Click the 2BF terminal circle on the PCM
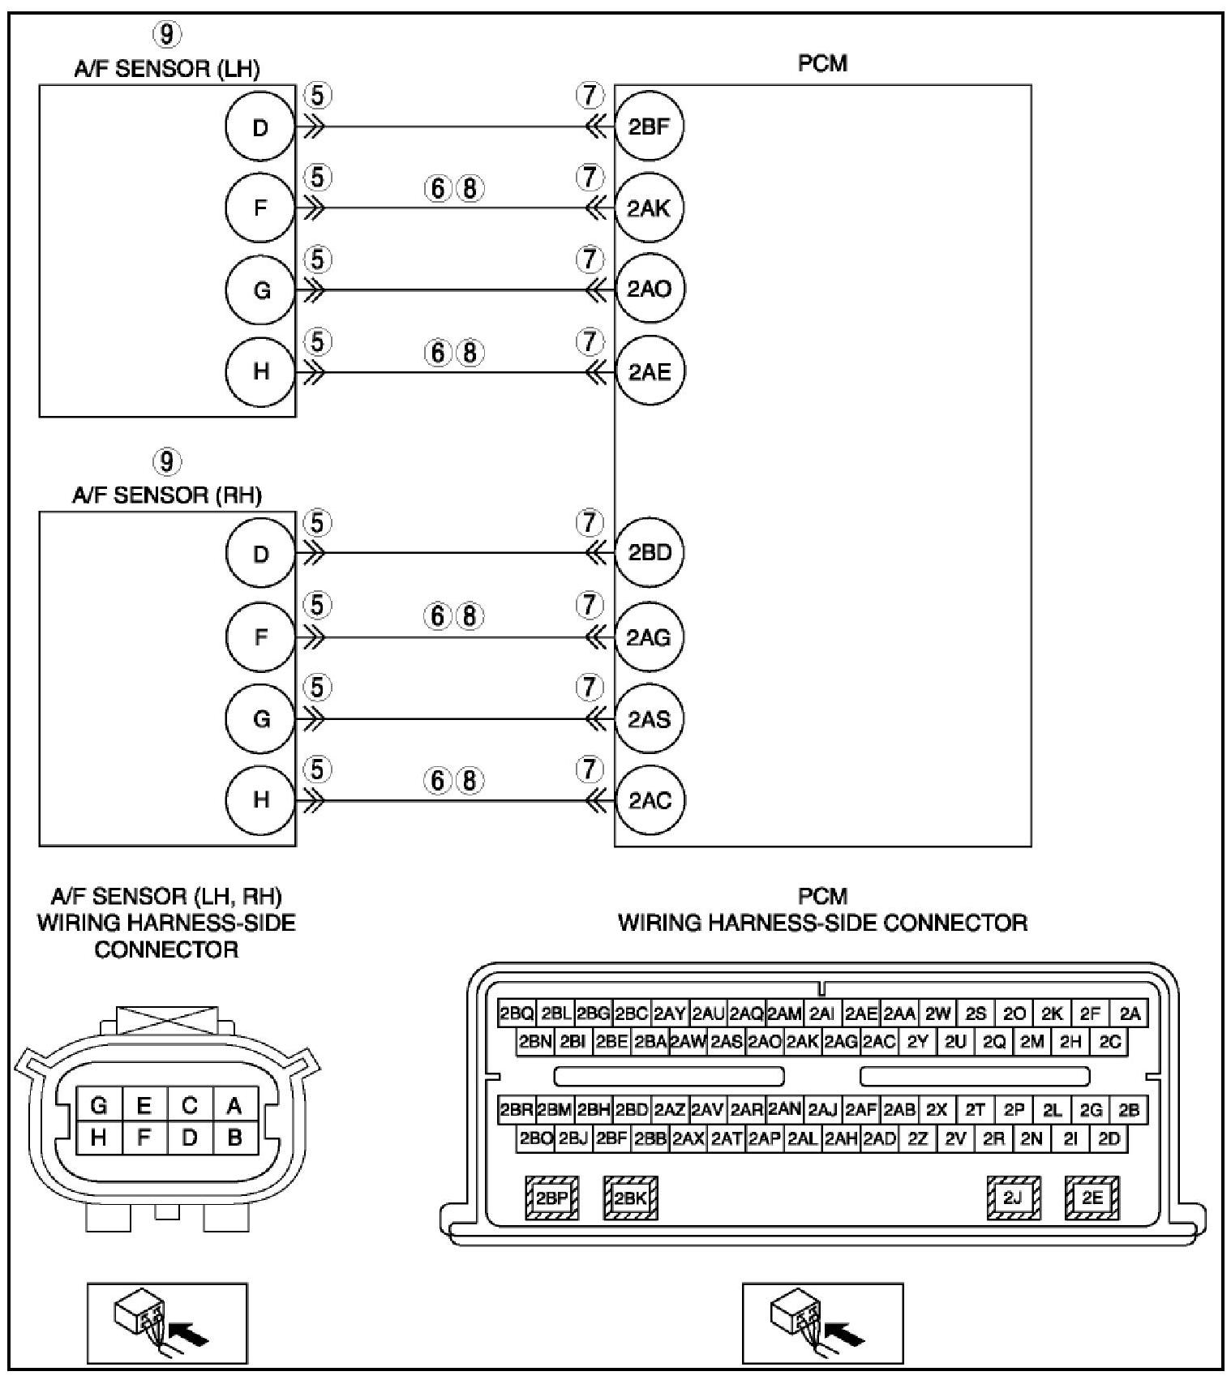point(649,126)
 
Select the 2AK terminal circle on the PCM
point(649,208)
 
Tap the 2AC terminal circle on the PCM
point(649,800)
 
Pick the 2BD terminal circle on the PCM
point(649,553)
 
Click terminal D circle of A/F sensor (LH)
point(260,127)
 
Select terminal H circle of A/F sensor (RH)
point(260,800)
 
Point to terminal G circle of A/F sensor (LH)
point(260,289)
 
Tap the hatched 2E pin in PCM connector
point(1092,1198)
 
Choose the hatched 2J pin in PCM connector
point(1014,1198)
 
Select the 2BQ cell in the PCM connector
point(517,1014)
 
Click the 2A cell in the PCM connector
point(1130,1014)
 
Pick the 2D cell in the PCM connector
point(1109,1139)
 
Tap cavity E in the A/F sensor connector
point(144,1105)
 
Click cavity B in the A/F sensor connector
point(235,1138)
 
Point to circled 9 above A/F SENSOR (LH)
point(166,34)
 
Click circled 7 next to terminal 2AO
point(590,260)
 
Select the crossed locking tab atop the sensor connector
point(167,1020)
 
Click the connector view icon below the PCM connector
point(822,1323)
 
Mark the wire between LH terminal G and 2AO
point(454,290)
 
